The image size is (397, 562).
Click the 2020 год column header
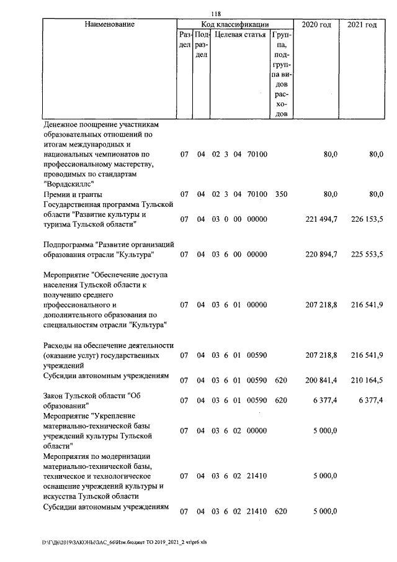[316, 25]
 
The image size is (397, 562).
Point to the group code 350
[281, 194]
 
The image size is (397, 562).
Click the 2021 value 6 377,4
[370, 401]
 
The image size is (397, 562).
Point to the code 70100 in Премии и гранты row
[257, 194]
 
